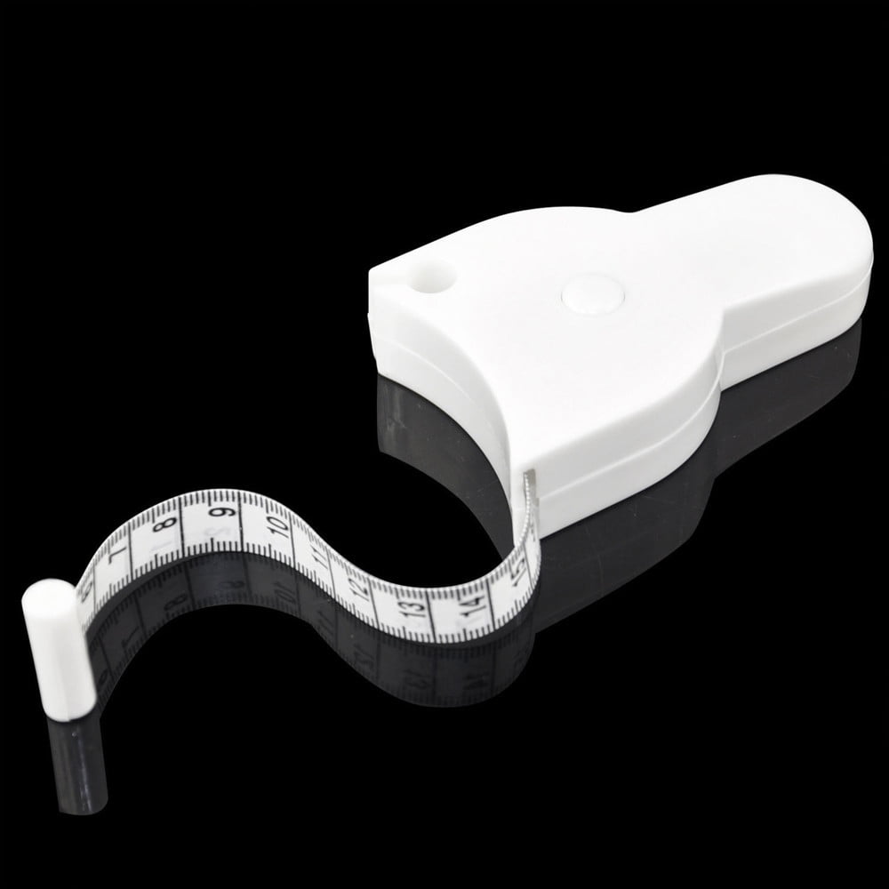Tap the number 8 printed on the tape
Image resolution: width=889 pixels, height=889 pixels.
click(x=162, y=531)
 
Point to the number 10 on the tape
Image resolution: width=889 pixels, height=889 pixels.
click(x=277, y=527)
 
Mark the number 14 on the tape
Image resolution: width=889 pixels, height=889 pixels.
click(x=472, y=608)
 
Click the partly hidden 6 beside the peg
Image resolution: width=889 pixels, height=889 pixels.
click(x=86, y=593)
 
